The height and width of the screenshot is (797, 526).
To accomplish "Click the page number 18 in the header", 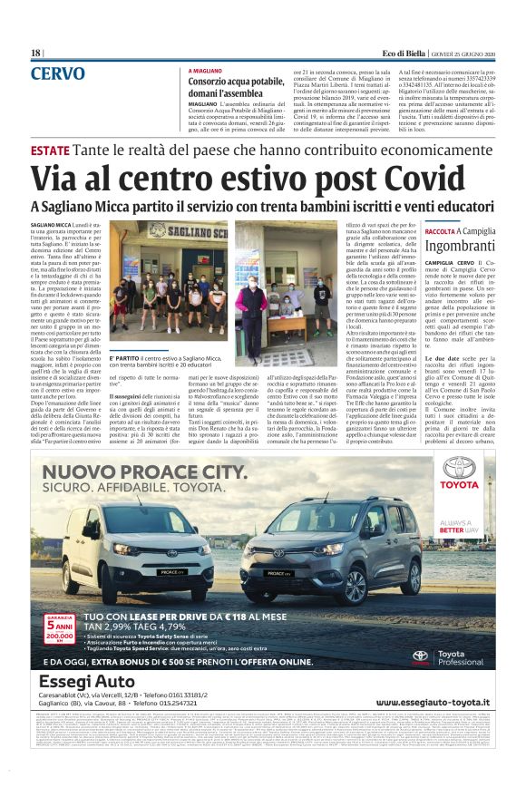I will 35,53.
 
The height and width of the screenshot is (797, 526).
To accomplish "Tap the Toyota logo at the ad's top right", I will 460,476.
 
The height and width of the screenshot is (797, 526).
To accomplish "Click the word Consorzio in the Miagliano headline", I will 209,82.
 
